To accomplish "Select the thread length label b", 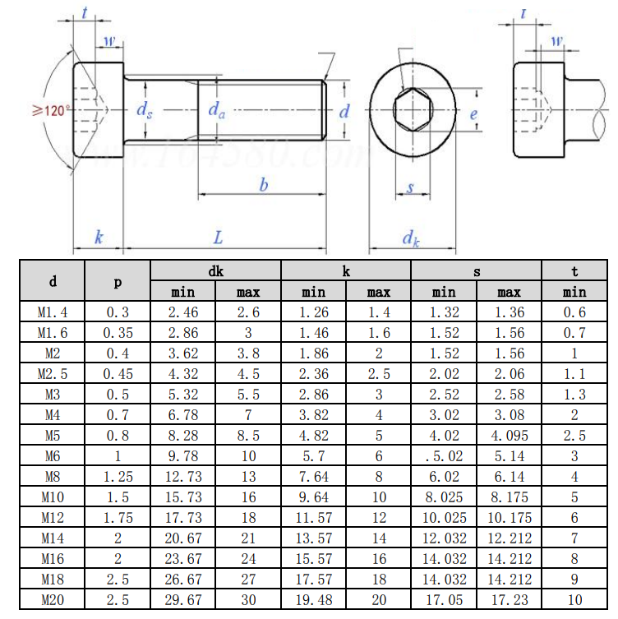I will pyautogui.click(x=263, y=186).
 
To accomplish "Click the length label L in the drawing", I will pyautogui.click(x=218, y=238).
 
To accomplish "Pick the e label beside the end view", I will pyautogui.click(x=473, y=114).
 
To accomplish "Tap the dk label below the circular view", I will pyautogui.click(x=411, y=238).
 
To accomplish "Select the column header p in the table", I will pyautogui.click(x=118, y=281).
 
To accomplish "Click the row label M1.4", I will pyautogui.click(x=53, y=312).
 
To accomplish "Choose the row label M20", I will pyautogui.click(x=53, y=600).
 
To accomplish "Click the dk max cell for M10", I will pyautogui.click(x=248, y=497).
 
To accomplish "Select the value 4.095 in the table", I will pyautogui.click(x=510, y=436).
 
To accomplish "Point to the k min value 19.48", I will pyautogui.click(x=313, y=600).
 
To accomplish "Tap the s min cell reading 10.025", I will pyautogui.click(x=444, y=518).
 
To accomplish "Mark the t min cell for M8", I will pyautogui.click(x=574, y=477).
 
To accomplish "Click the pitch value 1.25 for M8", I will pyautogui.click(x=118, y=477).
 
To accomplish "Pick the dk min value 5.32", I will pyautogui.click(x=182, y=395).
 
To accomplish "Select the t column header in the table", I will pyautogui.click(x=574, y=270).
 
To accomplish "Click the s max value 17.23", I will pyautogui.click(x=510, y=600).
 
